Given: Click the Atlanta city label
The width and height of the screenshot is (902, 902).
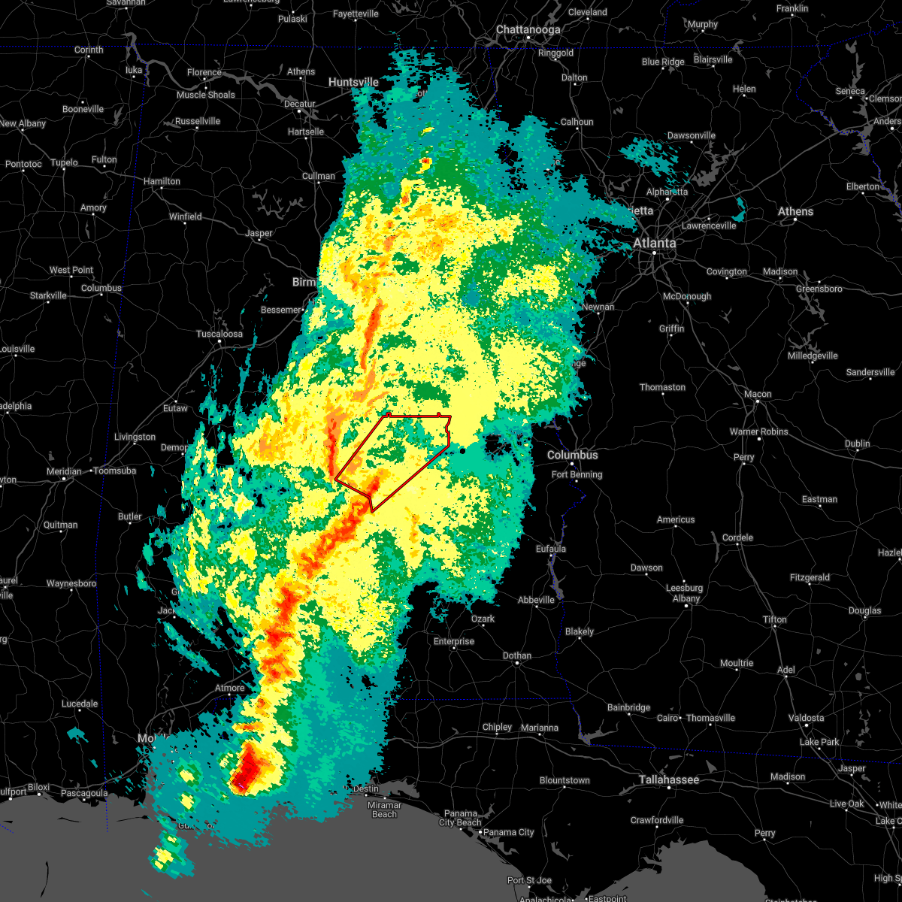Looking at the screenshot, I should coord(654,243).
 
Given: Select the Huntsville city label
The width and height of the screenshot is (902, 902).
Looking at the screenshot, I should coord(353,82).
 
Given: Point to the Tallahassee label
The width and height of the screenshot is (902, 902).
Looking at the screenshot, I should coord(669,779).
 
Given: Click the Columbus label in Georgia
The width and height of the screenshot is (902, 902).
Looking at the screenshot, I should coord(573,455).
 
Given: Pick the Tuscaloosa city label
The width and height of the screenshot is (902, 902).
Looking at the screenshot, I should coord(219,334).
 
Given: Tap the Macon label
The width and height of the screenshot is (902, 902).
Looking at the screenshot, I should coord(758,394).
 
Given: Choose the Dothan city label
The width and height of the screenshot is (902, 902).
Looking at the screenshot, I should coord(516,655).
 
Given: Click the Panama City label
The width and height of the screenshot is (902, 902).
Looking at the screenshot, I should coord(508,832).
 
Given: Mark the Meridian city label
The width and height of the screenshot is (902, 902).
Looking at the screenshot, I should coord(63,471).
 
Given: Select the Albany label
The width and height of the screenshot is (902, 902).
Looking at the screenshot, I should coord(686,598).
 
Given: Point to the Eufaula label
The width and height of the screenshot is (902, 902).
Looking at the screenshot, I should coord(551,549).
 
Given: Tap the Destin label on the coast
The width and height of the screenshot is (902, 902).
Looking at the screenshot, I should coord(365,788).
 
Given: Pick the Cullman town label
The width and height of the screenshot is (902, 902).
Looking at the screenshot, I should coord(319,176).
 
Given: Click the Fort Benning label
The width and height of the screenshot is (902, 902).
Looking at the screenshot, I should coord(577,474).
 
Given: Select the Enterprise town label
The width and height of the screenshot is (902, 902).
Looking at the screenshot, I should coord(454,641).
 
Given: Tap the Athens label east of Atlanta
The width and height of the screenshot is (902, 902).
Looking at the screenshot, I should coord(795,211).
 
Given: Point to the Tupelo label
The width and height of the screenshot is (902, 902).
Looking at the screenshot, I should coord(64,162).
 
